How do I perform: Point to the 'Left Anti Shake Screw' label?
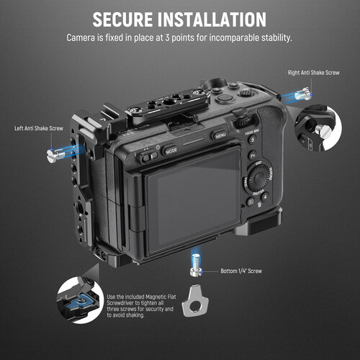click(x=42, y=130)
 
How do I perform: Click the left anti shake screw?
click(x=57, y=153)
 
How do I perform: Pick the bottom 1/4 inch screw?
click(x=196, y=264)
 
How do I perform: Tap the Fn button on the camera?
click(x=252, y=154)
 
